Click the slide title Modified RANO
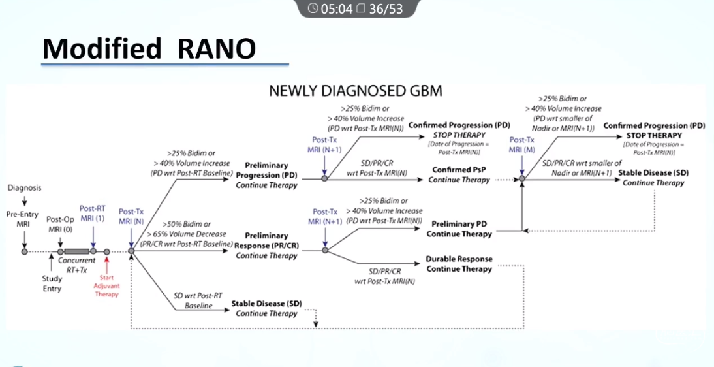pyautogui.click(x=149, y=48)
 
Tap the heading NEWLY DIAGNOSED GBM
pyautogui.click(x=356, y=91)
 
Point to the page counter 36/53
pyautogui.click(x=386, y=8)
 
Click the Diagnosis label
pyautogui.click(x=24, y=188)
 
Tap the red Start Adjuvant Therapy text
pyautogui.click(x=107, y=285)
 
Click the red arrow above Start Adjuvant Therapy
pyautogui.click(x=107, y=264)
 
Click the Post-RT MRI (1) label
pyautogui.click(x=92, y=213)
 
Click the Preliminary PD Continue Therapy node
pyautogui.click(x=459, y=229)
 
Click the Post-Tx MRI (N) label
pyautogui.click(x=131, y=215)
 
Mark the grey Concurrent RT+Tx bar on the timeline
pyautogui.click(x=77, y=251)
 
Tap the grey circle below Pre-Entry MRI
pyautogui.click(x=24, y=251)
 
